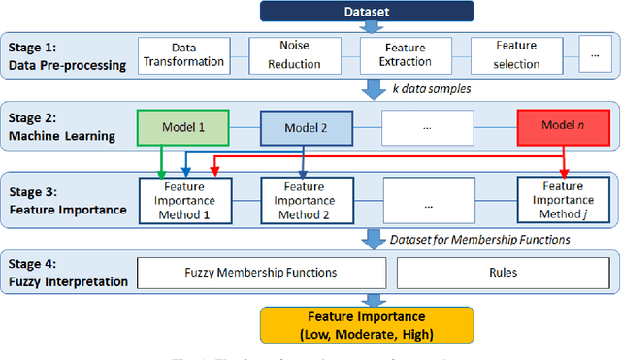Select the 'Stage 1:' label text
[31, 46]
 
